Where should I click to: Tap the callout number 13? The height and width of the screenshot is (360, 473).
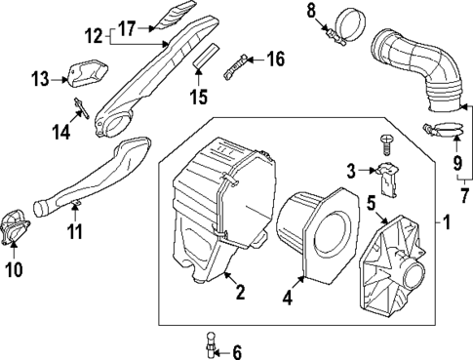tap(40, 76)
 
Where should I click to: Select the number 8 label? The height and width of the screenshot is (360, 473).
tap(312, 11)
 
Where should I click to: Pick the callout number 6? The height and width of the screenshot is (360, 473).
tap(236, 353)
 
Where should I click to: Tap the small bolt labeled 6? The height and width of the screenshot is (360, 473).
tap(208, 342)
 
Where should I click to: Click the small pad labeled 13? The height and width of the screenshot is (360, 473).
tap(86, 71)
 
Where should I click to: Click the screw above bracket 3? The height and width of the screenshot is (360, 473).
tap(389, 144)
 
